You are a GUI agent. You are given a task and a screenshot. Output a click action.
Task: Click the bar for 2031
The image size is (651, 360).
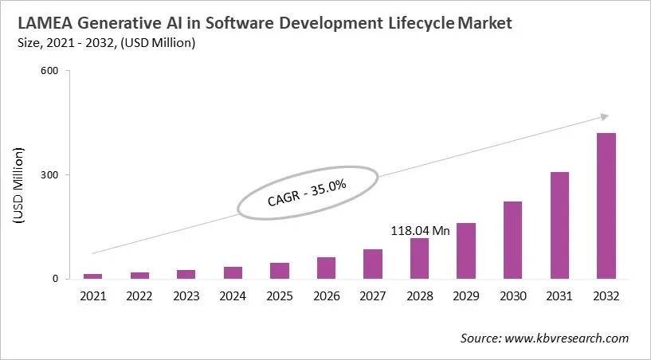click(x=559, y=225)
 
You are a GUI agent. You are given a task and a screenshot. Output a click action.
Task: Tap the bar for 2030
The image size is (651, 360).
click(x=512, y=240)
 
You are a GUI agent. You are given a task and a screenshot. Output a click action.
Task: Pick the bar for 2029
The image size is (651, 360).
click(x=466, y=251)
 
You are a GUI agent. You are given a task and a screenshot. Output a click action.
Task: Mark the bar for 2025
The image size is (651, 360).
click(x=280, y=271)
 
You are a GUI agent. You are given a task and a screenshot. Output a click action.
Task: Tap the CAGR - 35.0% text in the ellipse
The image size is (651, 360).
click(x=307, y=192)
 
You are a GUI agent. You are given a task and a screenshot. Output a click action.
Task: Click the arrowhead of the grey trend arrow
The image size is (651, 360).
click(x=604, y=116)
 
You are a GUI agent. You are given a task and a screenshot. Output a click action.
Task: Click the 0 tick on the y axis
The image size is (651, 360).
click(x=56, y=279)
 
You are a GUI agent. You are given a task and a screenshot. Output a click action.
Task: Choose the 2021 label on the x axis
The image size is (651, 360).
click(x=93, y=296)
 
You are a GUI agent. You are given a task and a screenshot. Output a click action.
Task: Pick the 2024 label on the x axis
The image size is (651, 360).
click(x=233, y=296)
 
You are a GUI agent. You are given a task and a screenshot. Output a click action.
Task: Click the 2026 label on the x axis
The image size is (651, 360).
click(x=326, y=296)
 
